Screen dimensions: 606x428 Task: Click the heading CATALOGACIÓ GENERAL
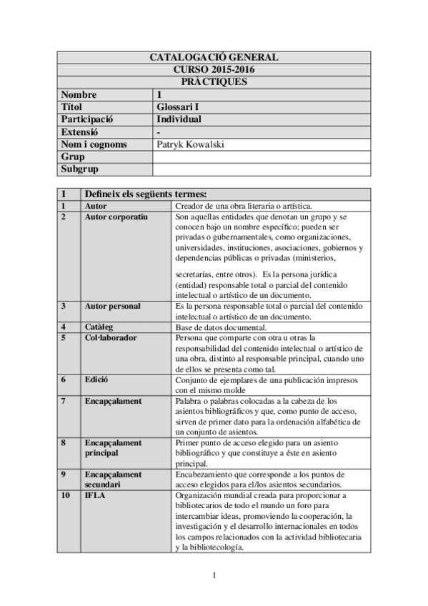214,57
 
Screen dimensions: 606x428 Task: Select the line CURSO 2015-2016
214,69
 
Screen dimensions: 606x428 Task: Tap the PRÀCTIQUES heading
214,81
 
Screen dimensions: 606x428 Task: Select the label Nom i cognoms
94,144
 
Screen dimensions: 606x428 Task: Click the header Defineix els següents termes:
146,194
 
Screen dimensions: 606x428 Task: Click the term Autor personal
112,306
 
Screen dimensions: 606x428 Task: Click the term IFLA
94,495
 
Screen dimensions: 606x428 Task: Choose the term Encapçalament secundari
113,478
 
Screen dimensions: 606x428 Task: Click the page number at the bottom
214,575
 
